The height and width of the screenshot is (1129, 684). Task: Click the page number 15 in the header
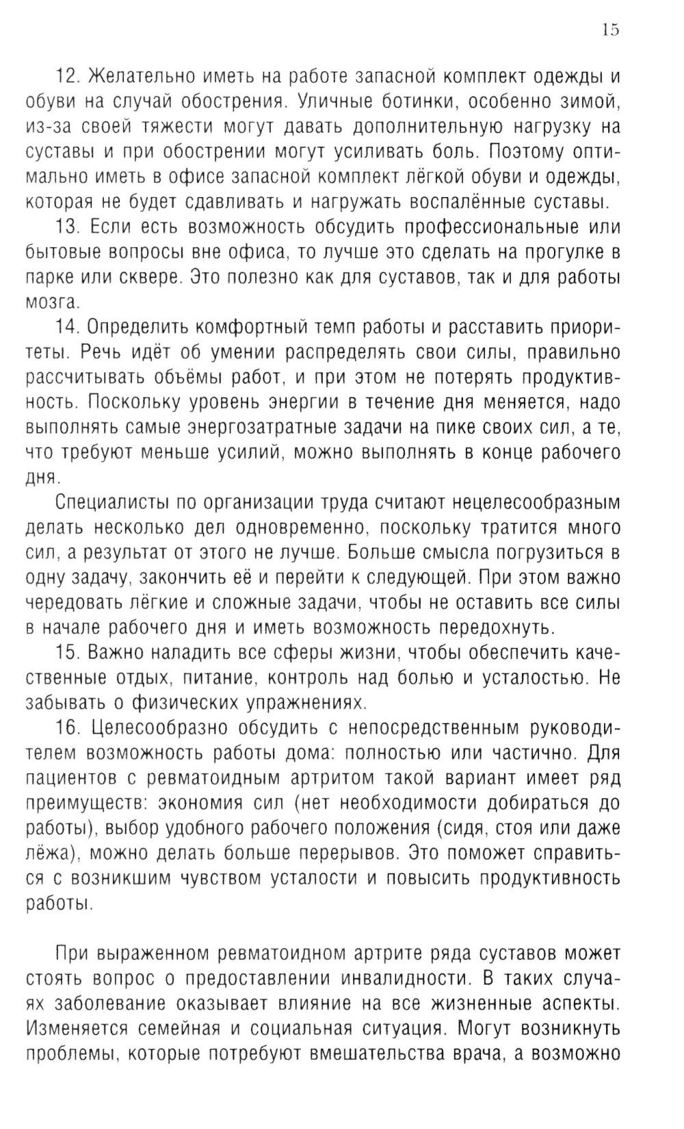(610, 29)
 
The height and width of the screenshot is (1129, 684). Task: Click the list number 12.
(68, 75)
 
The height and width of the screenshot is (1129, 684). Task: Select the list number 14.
(68, 327)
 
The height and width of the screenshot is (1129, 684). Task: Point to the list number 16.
(68, 727)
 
